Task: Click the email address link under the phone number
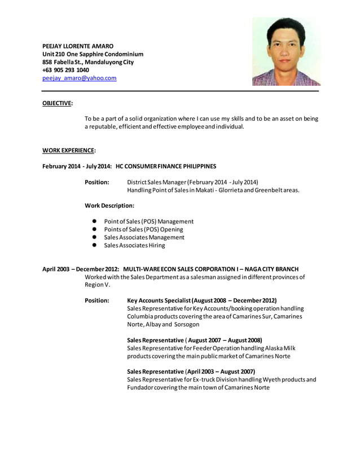click(x=80, y=78)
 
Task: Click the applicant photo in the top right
click(x=286, y=51)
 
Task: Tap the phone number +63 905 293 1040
click(x=65, y=70)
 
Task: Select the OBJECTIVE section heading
click(x=57, y=103)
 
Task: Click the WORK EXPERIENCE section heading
click(x=69, y=150)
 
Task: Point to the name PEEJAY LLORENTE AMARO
click(x=78, y=46)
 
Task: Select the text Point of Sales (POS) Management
click(x=148, y=222)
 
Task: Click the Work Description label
click(x=109, y=206)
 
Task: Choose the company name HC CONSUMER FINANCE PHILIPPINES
click(x=166, y=166)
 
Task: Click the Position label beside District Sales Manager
click(x=96, y=182)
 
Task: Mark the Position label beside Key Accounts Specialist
click(x=96, y=301)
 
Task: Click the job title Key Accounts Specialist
click(x=159, y=301)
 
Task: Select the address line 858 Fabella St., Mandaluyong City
click(x=88, y=62)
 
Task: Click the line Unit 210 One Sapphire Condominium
click(x=93, y=54)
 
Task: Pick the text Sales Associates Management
click(x=144, y=238)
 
